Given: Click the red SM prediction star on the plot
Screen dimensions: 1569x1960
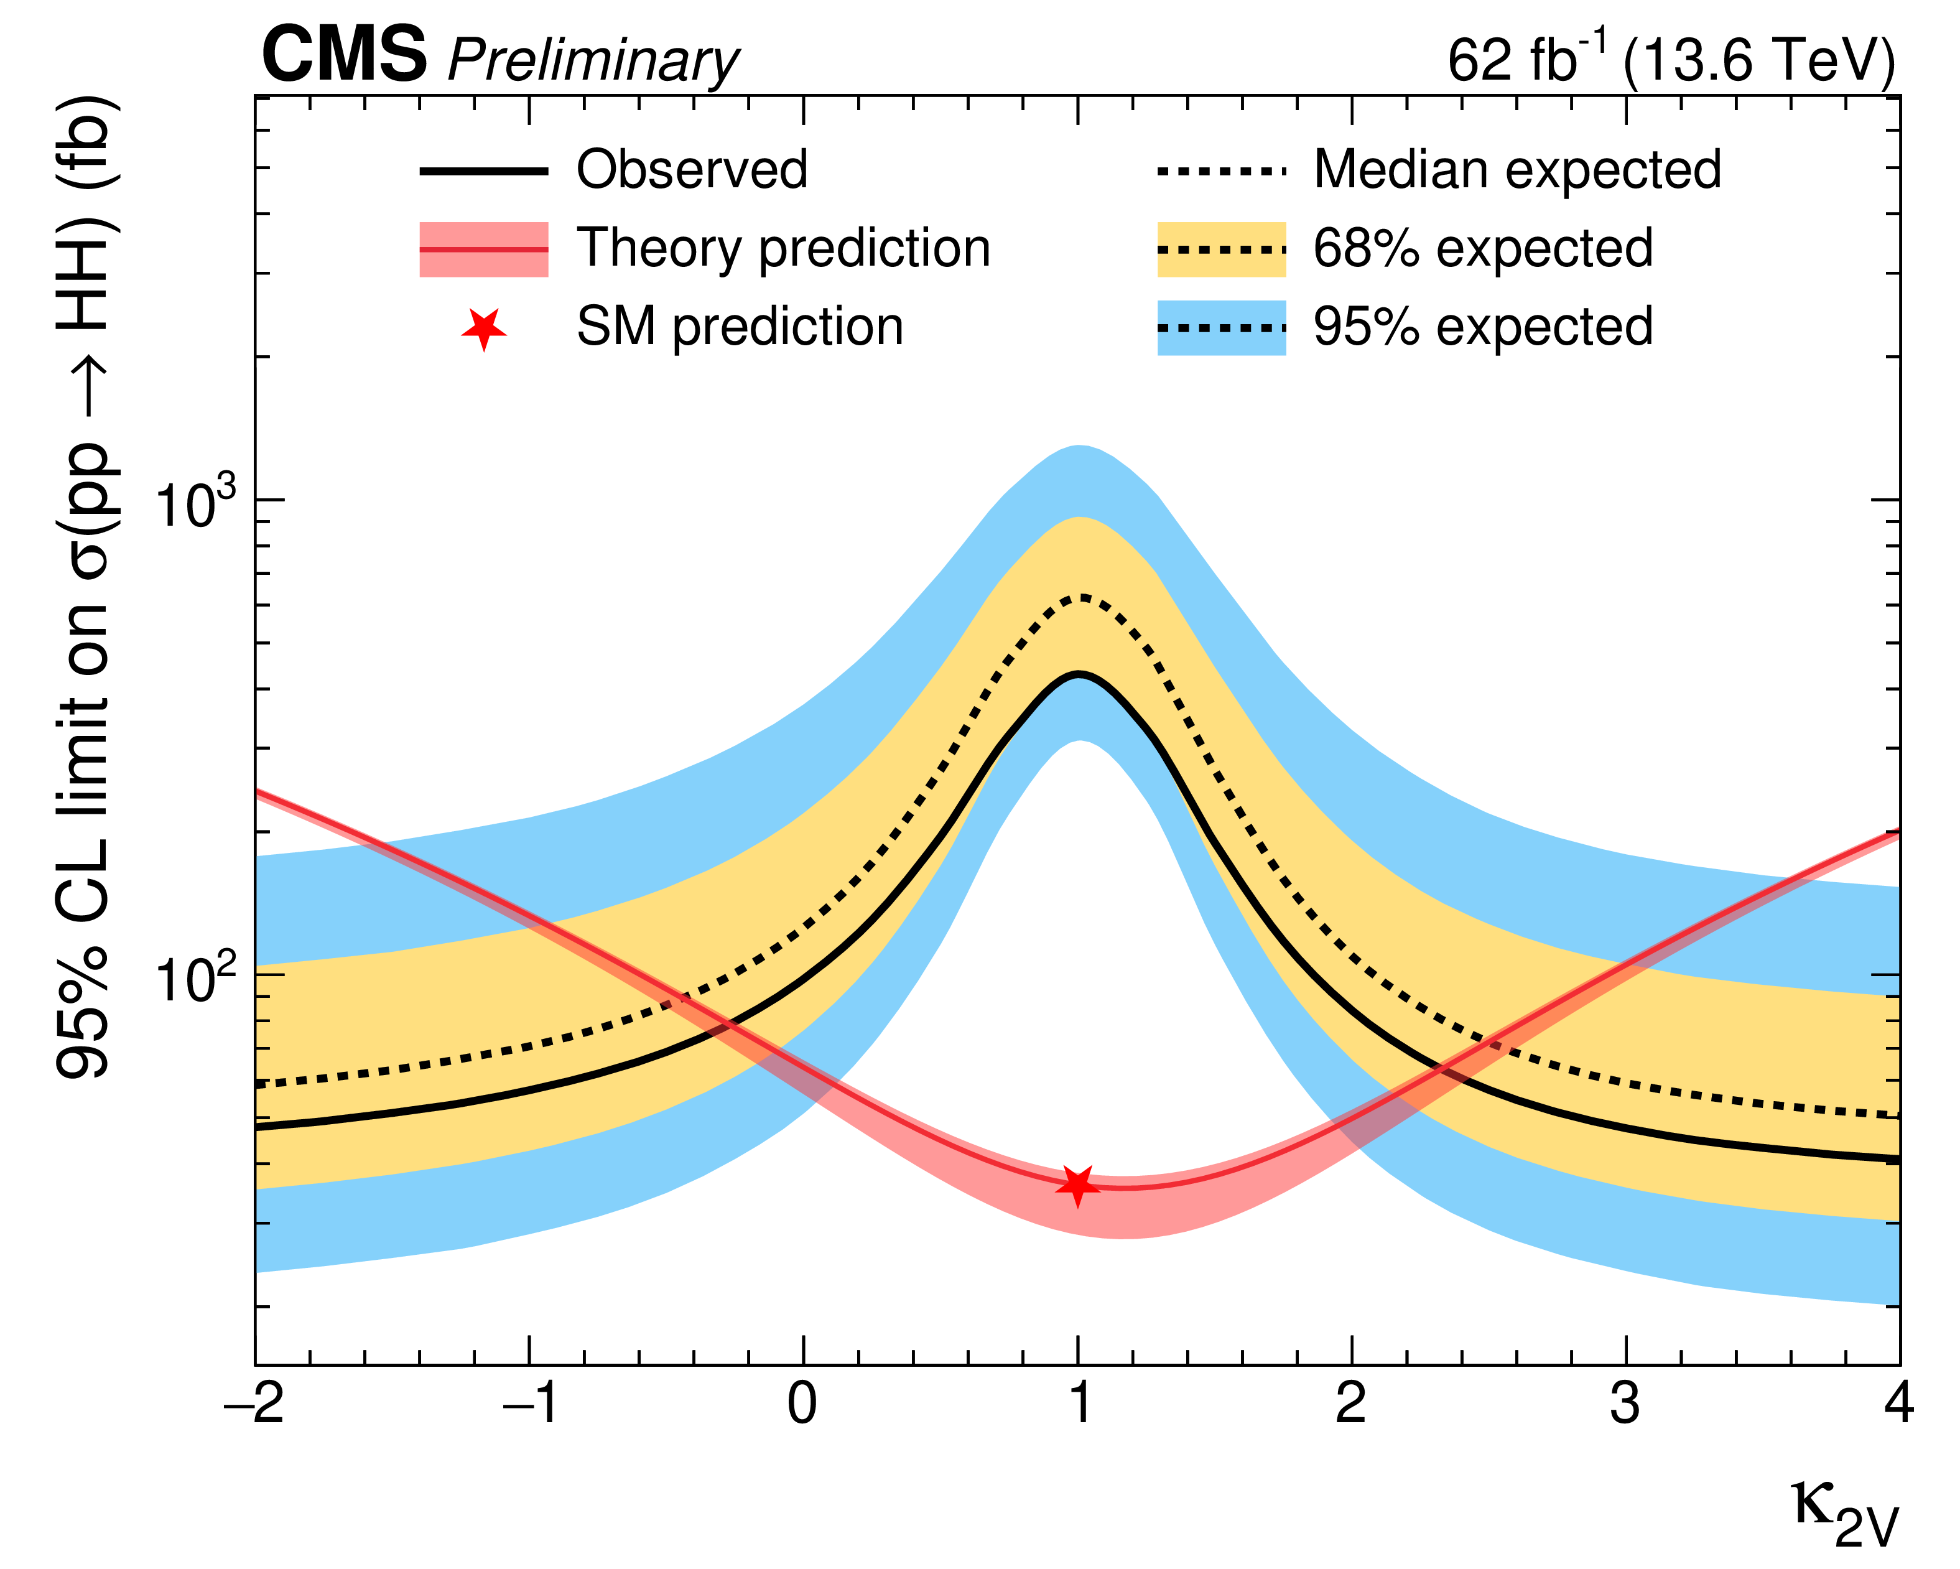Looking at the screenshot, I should click(x=1077, y=1185).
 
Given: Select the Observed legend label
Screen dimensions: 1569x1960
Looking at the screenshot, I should click(x=692, y=170).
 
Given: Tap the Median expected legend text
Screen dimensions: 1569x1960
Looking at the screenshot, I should click(x=1517, y=170).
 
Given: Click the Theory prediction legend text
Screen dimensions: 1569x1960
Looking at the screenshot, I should click(x=783, y=248).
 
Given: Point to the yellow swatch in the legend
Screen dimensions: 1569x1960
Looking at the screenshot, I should click(x=1221, y=249).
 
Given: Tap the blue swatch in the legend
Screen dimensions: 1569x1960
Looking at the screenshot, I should click(x=1221, y=327).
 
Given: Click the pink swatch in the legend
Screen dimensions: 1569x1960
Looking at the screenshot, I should click(x=484, y=249).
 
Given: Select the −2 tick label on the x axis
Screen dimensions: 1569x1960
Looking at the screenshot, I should click(x=254, y=1405).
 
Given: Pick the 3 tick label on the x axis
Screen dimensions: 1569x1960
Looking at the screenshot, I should click(x=1625, y=1405).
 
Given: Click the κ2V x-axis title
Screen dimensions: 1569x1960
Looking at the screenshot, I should click(x=1846, y=1516).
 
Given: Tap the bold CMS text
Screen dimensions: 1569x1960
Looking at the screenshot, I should click(x=343, y=55).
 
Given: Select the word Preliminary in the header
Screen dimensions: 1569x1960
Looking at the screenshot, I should click(x=593, y=62).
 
